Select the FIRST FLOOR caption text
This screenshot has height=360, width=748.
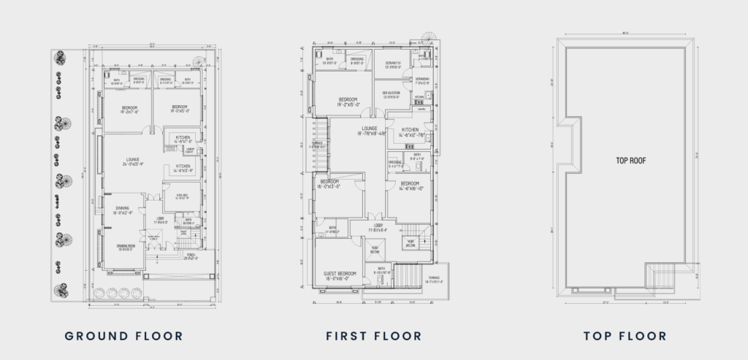(x=373, y=336)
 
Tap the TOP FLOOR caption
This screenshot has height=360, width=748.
(x=625, y=336)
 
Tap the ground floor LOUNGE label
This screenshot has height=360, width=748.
(x=132, y=161)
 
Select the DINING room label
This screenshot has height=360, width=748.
(x=122, y=210)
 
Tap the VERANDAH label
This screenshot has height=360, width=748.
(x=422, y=80)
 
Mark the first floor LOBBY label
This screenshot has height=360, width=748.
(x=375, y=226)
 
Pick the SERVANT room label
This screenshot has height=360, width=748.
(x=395, y=64)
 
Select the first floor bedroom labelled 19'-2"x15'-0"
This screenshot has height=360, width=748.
(x=348, y=101)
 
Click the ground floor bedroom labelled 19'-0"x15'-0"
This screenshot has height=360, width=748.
(x=180, y=110)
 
